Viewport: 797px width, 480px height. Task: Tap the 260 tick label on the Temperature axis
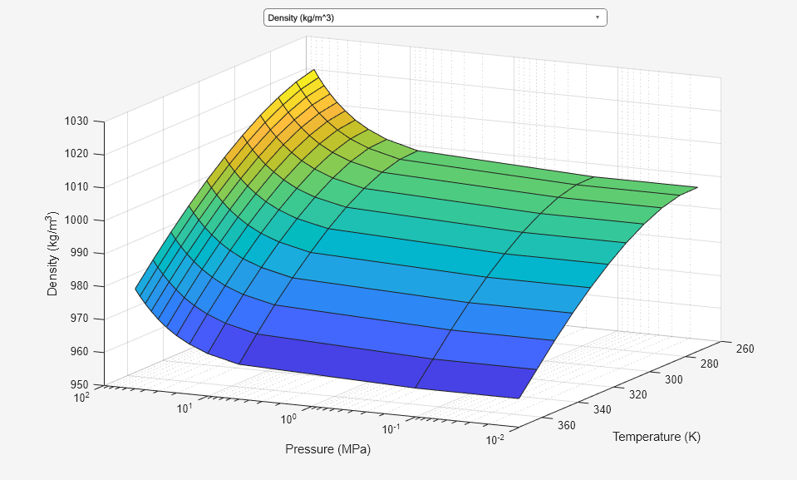coord(745,349)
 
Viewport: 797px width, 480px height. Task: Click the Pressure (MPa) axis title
coord(327,450)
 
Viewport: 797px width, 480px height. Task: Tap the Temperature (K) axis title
coord(657,437)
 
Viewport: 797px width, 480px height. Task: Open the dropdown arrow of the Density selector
coord(598,17)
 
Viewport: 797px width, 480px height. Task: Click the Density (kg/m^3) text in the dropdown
coord(301,17)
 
